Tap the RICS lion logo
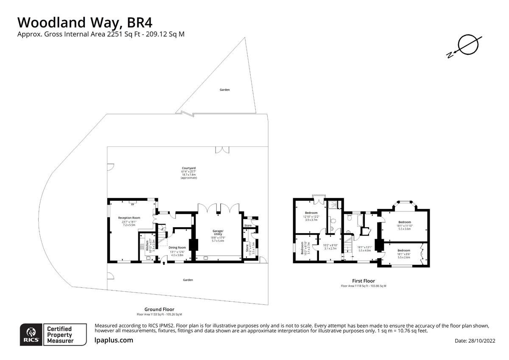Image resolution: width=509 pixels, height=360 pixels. coord(31,335)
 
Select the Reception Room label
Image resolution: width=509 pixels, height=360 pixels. coord(129,218)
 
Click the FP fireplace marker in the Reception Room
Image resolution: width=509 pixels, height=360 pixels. coord(132,205)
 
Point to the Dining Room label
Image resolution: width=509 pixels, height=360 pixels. coord(177,247)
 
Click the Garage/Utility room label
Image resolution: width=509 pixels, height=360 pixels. coord(218,233)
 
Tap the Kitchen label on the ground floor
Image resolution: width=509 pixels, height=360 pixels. coord(148,245)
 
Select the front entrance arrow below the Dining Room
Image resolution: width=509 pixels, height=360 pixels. coord(164,264)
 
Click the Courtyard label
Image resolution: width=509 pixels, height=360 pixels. coord(189,168)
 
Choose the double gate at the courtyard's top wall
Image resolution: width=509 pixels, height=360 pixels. coord(222,149)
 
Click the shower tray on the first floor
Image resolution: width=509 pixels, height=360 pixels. coord(335,205)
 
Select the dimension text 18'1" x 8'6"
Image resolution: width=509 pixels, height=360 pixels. coord(404,254)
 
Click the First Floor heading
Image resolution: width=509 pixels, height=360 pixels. coord(363,281)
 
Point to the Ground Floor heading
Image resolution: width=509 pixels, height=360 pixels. coord(159,309)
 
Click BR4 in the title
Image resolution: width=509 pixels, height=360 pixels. coord(137,22)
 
